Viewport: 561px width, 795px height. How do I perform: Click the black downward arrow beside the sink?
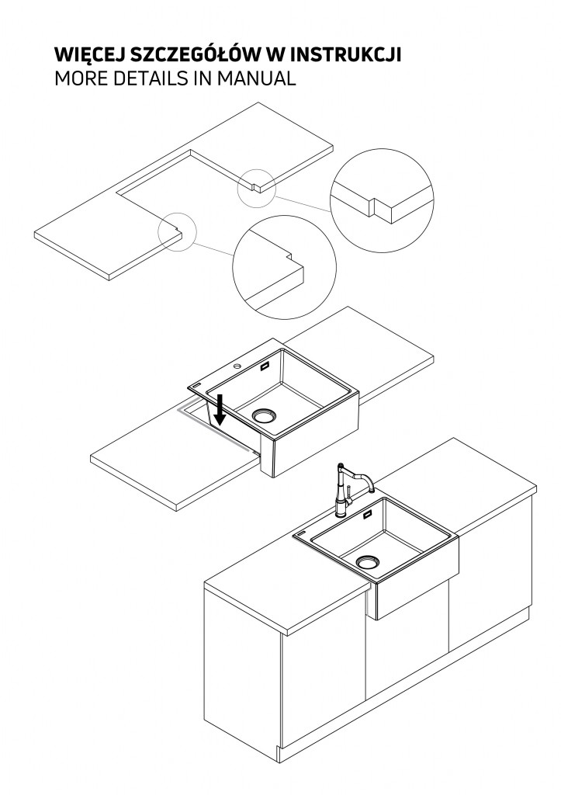220,410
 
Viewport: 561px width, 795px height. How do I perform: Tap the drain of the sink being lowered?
265,416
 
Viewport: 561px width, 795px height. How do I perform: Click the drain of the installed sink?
368,562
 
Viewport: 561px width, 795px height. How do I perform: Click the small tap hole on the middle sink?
237,366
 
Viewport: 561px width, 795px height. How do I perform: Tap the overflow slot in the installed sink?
367,516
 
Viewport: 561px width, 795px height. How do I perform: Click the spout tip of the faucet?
372,490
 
